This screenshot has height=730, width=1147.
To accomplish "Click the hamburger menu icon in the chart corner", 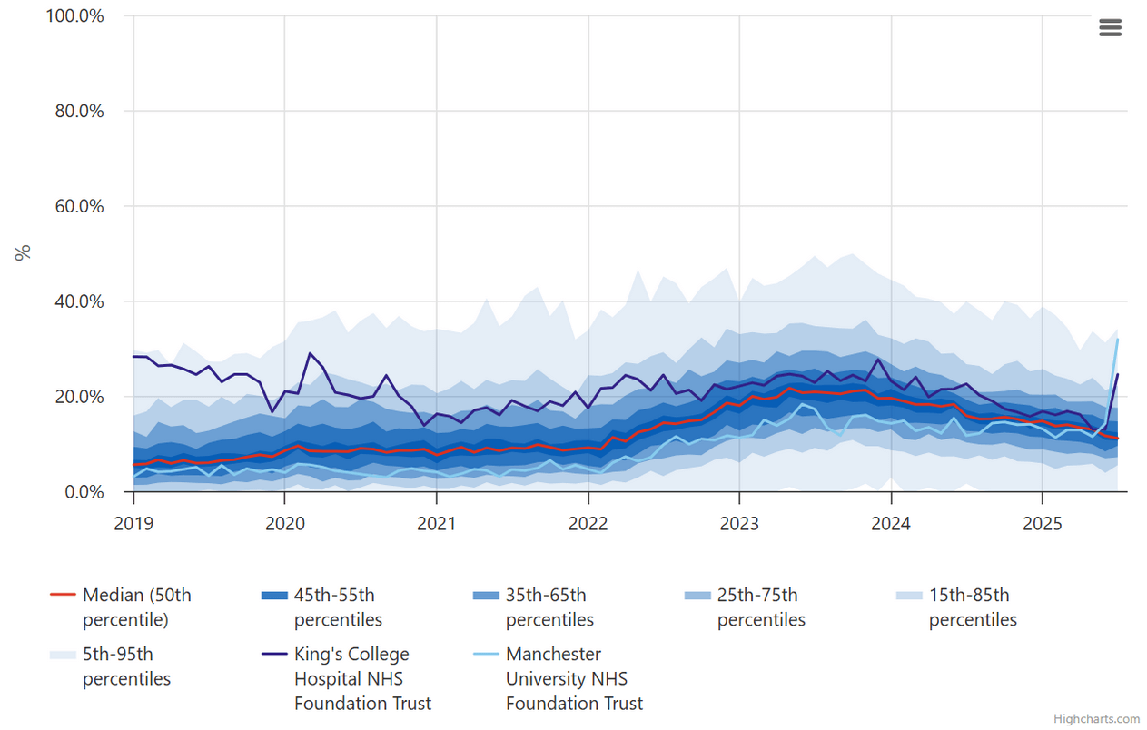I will [x=1110, y=27].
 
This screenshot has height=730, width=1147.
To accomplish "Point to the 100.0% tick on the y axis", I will [x=74, y=16].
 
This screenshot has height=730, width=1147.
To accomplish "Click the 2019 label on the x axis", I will [x=133, y=523].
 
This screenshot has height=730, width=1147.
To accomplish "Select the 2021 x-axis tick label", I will [x=437, y=523].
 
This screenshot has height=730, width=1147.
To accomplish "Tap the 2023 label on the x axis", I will [x=739, y=523].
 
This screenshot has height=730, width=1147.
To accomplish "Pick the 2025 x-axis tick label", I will [x=1042, y=523].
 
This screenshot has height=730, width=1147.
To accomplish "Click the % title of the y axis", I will [x=23, y=252].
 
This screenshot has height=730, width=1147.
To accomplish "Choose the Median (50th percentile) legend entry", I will [x=136, y=607].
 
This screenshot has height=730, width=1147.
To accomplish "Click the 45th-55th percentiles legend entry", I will [x=333, y=607].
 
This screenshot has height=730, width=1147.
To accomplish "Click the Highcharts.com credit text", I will [x=1096, y=719].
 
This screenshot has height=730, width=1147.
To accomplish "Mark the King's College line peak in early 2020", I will [x=310, y=353].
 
